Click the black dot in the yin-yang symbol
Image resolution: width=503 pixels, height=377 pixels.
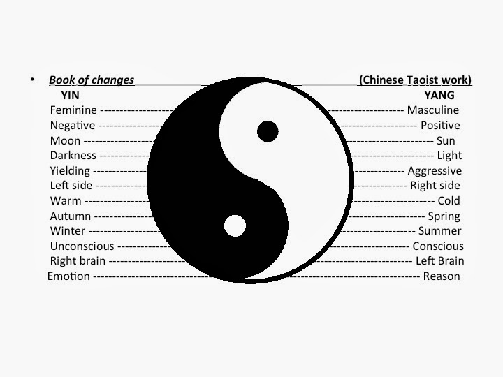coord(268,131)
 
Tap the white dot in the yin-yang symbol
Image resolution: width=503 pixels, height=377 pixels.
coord(235,226)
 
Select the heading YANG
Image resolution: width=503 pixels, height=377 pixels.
coord(439,95)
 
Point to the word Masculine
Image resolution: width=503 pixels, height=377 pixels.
coord(433,110)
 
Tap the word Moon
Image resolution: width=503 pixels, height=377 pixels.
coord(65,140)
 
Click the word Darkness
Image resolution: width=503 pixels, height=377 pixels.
coord(73,156)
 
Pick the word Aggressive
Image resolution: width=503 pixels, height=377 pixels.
coord(435,171)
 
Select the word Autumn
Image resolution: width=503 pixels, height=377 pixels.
coord(70,216)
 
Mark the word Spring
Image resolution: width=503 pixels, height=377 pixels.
coord(444,216)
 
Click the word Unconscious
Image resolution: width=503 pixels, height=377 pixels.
coord(81,246)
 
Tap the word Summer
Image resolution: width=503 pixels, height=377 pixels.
coord(439,231)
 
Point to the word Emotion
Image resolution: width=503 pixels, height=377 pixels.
coord(68,276)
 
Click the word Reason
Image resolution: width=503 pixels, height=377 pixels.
coord(442,276)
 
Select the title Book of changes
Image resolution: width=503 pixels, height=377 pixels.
coord(92,80)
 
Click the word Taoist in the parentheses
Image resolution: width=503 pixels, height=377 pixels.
coord(426,80)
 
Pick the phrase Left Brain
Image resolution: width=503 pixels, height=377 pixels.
coord(440,261)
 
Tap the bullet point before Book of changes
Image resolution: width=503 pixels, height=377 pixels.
coord(32,80)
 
